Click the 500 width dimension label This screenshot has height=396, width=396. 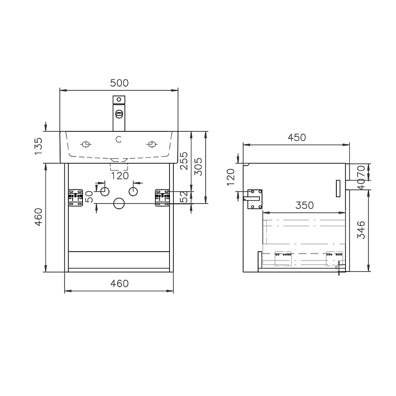119,83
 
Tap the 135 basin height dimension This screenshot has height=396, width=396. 38,146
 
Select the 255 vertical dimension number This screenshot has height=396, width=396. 184,161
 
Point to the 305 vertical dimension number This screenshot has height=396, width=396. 198,167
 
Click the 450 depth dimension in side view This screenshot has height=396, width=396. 297,137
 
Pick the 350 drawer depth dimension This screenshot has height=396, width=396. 305,205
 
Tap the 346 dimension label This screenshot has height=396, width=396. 361,230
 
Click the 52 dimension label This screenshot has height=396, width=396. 185,197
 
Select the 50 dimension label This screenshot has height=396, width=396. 89,197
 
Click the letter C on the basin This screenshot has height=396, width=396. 118,139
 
